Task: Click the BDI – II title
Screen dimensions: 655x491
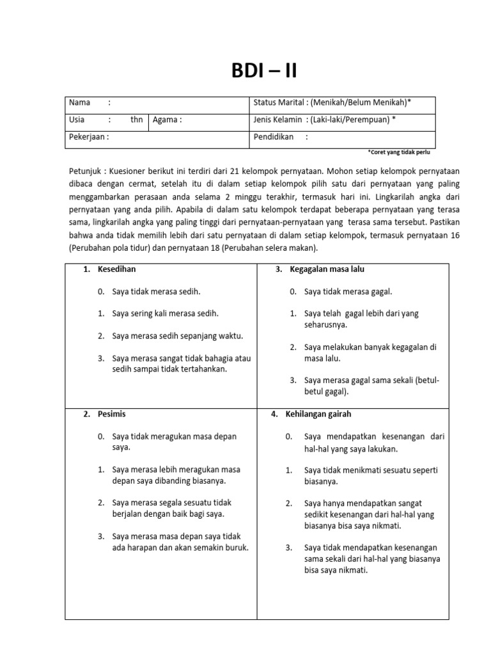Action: (263, 70)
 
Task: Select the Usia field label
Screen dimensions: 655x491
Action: (78, 119)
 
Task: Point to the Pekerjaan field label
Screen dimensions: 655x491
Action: (88, 136)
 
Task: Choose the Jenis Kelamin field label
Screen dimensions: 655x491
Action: (279, 119)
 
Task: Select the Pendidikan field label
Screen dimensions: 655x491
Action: (274, 136)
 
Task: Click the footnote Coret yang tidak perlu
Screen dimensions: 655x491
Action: (401, 153)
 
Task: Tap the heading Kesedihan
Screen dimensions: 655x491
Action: (116, 269)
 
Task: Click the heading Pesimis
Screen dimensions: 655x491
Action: (112, 414)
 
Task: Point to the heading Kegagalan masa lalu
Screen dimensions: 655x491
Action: (327, 269)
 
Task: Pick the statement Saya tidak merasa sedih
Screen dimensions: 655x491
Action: (156, 292)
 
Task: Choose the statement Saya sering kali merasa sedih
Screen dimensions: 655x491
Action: (166, 313)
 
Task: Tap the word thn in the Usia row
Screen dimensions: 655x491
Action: (136, 119)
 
